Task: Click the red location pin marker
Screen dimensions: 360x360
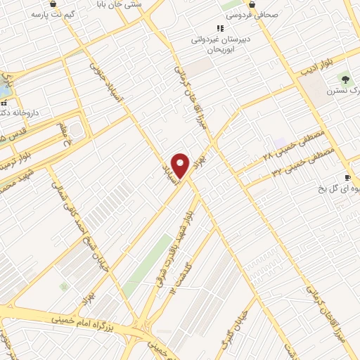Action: [x=181, y=166]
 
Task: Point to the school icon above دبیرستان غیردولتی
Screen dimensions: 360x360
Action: [x=220, y=28]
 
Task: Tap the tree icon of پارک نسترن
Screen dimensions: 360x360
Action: [x=345, y=79]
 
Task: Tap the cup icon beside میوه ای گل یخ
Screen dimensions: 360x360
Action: [x=347, y=178]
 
